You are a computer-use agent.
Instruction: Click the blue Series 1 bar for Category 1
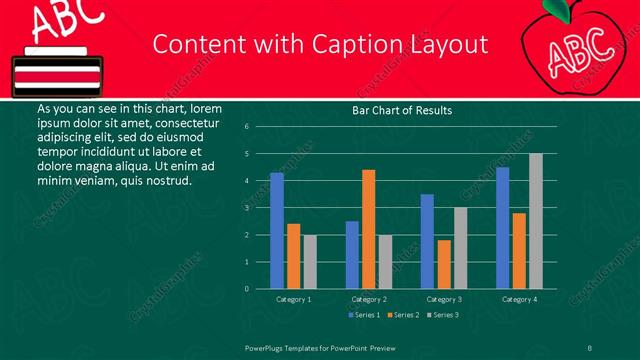coord(277,231)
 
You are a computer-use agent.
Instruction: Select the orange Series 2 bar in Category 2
coord(369,229)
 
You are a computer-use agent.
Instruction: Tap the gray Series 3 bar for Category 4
coord(536,221)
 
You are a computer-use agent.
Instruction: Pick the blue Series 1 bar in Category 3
coord(427,241)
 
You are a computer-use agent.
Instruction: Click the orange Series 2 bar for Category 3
coord(444,264)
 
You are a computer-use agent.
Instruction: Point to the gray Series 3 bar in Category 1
coord(310,261)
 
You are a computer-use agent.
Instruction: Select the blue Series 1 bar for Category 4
coord(502,228)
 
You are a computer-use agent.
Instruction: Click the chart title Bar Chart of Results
coord(402,110)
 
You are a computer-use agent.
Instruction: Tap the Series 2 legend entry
coord(404,315)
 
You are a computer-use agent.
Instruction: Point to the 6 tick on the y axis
coord(246,127)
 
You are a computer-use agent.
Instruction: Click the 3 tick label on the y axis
coord(246,208)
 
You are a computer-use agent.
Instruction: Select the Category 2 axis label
coord(368,299)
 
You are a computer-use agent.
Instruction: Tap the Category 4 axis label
coord(518,299)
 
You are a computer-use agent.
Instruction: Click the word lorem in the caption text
coord(204,108)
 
